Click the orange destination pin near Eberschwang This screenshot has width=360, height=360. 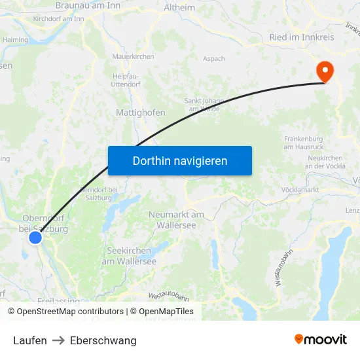[x=324, y=70]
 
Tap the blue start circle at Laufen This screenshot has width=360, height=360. [x=35, y=238]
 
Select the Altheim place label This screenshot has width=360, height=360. [x=180, y=8]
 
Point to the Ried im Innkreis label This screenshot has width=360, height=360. [x=302, y=37]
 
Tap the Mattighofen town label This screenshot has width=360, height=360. [x=140, y=113]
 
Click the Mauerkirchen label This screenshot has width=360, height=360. [x=133, y=57]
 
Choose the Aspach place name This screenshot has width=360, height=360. [x=214, y=59]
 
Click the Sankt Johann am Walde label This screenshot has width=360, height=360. [x=204, y=105]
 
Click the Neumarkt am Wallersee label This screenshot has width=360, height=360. [x=176, y=219]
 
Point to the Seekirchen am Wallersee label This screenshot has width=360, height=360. [x=129, y=256]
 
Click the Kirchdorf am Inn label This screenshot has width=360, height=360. [x=59, y=19]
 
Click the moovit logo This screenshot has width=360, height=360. [x=321, y=339]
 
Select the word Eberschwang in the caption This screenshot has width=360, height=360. [x=103, y=340]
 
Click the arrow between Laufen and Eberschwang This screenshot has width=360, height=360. [x=58, y=340]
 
